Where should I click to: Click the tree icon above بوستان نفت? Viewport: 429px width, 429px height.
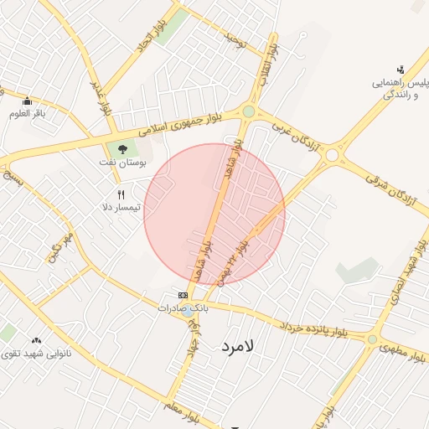123,149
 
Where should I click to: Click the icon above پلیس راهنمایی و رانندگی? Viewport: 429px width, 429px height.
401,70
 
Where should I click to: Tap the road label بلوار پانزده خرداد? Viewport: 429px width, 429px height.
314,329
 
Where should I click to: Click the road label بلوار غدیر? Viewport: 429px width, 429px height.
101,94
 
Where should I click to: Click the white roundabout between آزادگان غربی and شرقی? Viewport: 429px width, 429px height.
332,155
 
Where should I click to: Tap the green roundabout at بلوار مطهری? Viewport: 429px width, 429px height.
371,339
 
